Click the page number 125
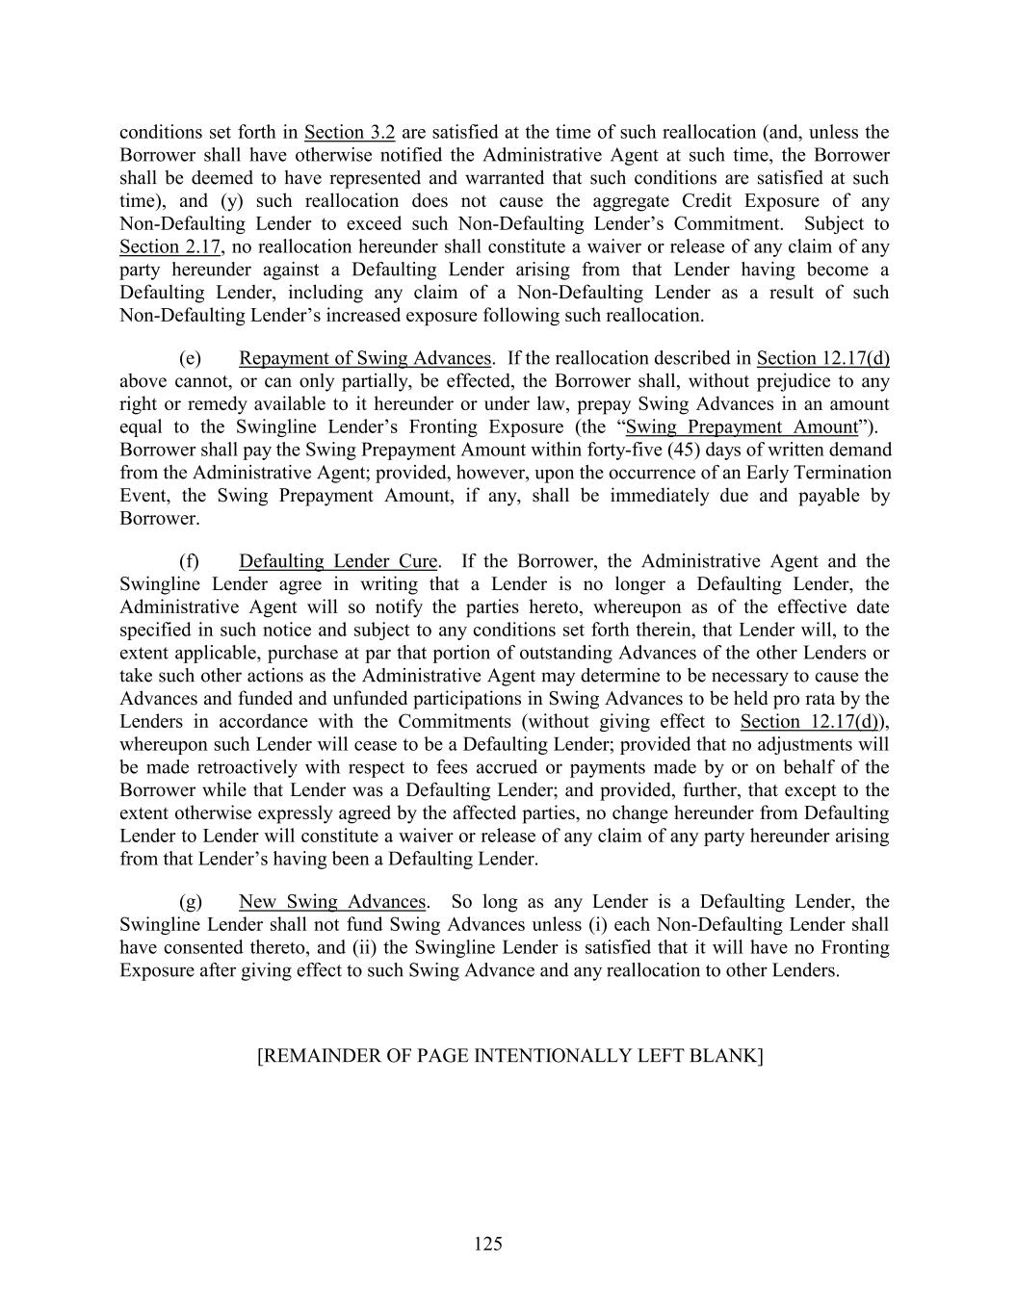pyautogui.click(x=488, y=1244)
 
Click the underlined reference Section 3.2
pyautogui.click(x=350, y=132)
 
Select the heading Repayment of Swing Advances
pyautogui.click(x=365, y=358)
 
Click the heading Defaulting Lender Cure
pyautogui.click(x=338, y=561)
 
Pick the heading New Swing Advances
pyautogui.click(x=332, y=902)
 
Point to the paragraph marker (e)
pyautogui.click(x=191, y=358)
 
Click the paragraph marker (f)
pyautogui.click(x=190, y=561)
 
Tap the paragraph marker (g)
pyautogui.click(x=191, y=902)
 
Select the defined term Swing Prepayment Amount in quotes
pyautogui.click(x=742, y=426)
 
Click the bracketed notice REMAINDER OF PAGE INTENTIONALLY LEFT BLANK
pyautogui.click(x=509, y=1056)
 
